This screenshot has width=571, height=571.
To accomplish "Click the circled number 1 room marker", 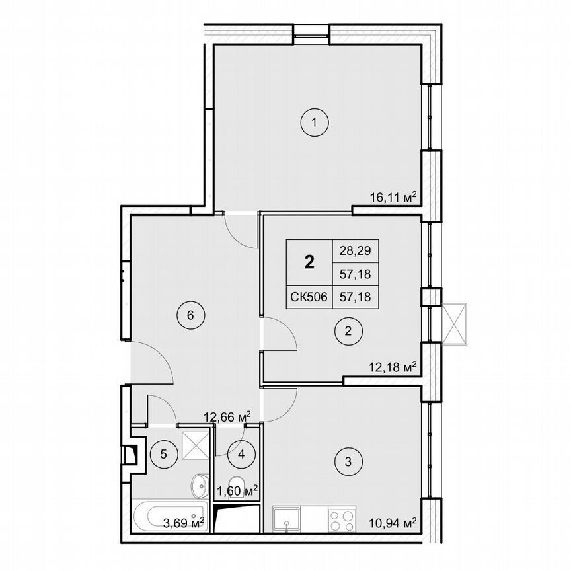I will click(315, 122).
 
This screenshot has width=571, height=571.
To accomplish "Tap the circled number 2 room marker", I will click(348, 332).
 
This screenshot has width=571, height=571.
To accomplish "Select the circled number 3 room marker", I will click(348, 461).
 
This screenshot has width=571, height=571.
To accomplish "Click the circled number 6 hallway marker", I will click(190, 315).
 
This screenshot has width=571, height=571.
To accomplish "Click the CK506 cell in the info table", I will click(309, 297).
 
